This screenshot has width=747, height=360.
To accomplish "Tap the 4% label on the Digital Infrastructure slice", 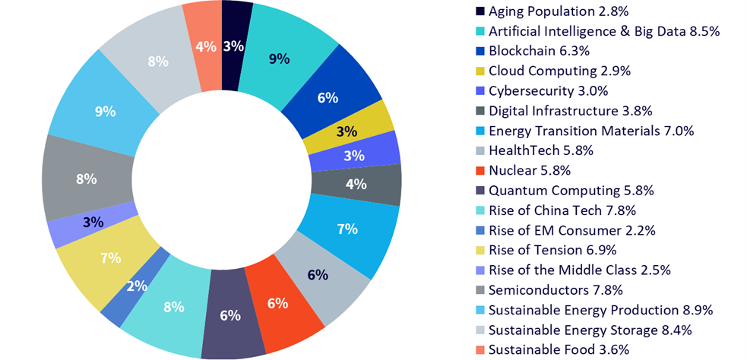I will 356,183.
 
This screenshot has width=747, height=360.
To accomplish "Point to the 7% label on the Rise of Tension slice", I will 110,257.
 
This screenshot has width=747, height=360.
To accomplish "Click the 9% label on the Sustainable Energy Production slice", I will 104,111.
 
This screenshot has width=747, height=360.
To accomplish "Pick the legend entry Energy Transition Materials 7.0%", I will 591,131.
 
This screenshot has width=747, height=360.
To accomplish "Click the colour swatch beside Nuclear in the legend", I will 480,170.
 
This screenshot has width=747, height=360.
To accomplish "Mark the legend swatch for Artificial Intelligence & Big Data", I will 480,31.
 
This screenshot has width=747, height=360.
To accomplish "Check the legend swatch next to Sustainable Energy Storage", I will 480,330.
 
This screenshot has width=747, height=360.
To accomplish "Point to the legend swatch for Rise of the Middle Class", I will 480,270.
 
